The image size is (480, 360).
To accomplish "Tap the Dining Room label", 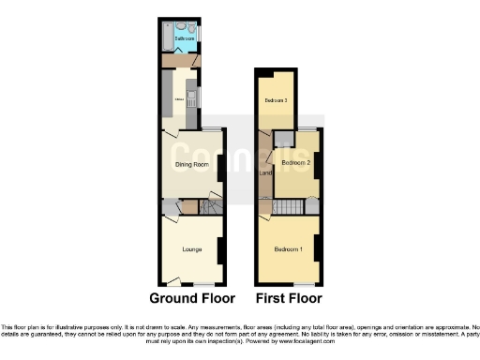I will point(191,165).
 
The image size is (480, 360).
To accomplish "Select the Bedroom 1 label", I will point(288,249).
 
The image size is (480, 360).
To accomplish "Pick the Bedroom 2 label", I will point(295,162).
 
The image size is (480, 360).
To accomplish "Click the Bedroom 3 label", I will point(275,100).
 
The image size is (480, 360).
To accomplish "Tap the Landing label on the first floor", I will point(264,172).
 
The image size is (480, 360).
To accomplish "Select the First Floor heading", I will point(289,298).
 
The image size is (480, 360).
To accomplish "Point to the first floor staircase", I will point(292,206).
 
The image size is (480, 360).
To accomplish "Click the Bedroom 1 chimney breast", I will point(318,248).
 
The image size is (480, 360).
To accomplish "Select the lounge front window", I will point(204,284).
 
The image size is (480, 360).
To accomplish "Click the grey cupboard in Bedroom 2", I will point(280,141).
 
